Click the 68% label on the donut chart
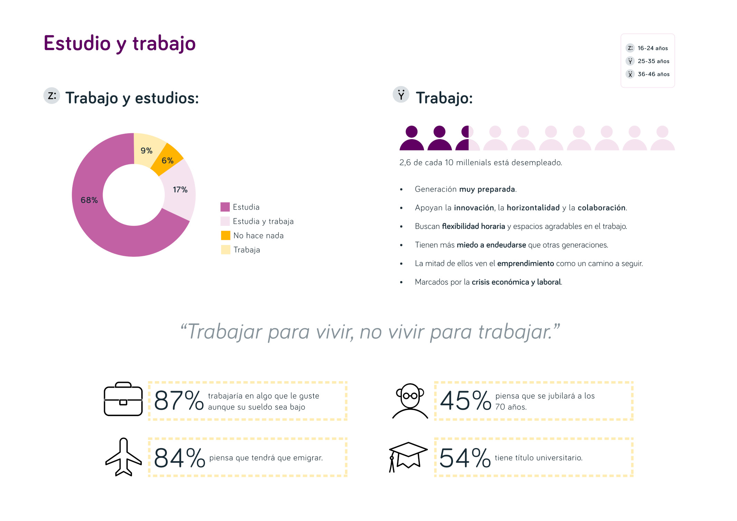pos(89,200)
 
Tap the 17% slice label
pos(180,190)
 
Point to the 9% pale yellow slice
pos(147,151)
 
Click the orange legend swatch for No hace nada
pos(225,235)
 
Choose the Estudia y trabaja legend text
pos(263,221)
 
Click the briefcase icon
pos(123,399)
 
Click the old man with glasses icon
pos(410,401)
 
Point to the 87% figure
pos(179,401)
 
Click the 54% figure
pos(465,458)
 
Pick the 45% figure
pos(465,401)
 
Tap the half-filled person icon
pos(467,138)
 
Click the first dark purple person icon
pos(412,138)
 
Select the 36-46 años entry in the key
pos(653,74)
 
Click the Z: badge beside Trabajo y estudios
pos(52,96)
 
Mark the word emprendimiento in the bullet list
pos(525,264)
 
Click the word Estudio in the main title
pos(77,44)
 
